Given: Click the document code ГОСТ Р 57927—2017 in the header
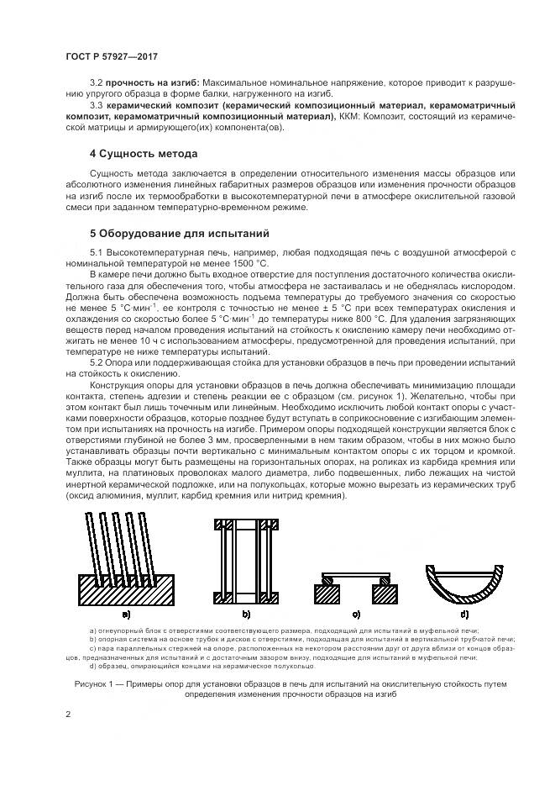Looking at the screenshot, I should pos(112,56).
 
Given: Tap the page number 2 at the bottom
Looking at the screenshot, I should pos(68,715).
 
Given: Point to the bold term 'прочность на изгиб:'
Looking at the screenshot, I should pos(152,83).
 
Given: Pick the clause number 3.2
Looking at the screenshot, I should pos(96,83).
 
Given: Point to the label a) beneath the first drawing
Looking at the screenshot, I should pos(125,615).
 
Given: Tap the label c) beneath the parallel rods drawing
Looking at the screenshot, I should pos(355,615).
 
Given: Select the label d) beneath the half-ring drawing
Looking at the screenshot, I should pos(464,615).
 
